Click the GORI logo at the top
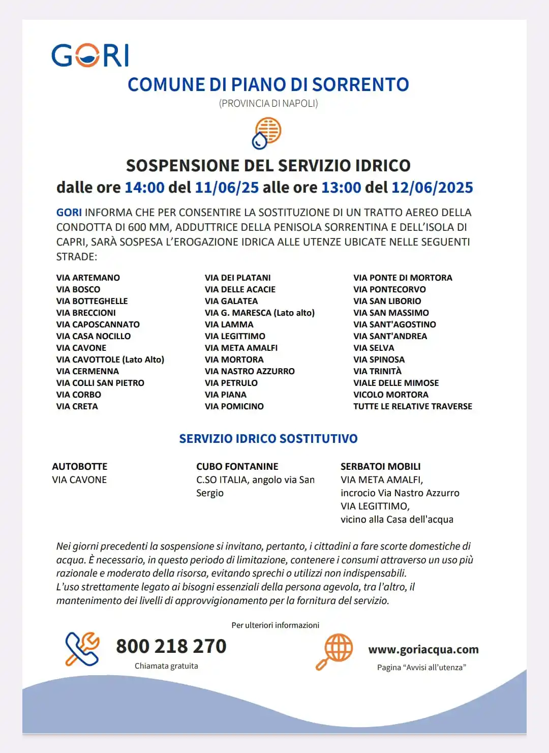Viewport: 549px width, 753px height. pyautogui.click(x=90, y=55)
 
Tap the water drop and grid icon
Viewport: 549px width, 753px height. pyautogui.click(x=267, y=133)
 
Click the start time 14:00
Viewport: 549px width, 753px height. pyautogui.click(x=144, y=188)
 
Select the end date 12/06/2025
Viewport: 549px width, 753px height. pyautogui.click(x=432, y=188)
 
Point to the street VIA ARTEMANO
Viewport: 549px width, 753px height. pyautogui.click(x=88, y=278)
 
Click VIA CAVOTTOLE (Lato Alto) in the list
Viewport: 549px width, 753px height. pyautogui.click(x=110, y=359)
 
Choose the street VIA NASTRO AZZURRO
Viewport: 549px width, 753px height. pyautogui.click(x=250, y=371)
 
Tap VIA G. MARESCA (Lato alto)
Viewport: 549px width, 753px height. pyautogui.click(x=259, y=313)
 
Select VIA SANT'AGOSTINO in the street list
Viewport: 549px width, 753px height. pyautogui.click(x=394, y=324)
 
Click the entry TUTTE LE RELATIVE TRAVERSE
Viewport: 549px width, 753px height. pyautogui.click(x=412, y=406)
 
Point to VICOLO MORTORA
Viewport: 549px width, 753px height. pyautogui.click(x=390, y=395)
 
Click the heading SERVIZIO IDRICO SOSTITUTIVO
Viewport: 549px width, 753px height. pyautogui.click(x=268, y=438)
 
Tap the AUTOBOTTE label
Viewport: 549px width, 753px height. pyautogui.click(x=80, y=466)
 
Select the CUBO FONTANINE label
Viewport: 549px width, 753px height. pyautogui.click(x=237, y=466)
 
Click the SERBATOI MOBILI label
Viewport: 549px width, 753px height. pyautogui.click(x=380, y=466)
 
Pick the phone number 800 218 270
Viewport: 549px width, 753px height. pyautogui.click(x=171, y=646)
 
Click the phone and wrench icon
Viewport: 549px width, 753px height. pyautogui.click(x=82, y=649)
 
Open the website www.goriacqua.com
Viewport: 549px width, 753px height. pyautogui.click(x=423, y=649)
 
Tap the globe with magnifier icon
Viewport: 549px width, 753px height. pyautogui.click(x=334, y=651)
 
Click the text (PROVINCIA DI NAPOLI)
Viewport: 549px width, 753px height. pyautogui.click(x=268, y=103)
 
